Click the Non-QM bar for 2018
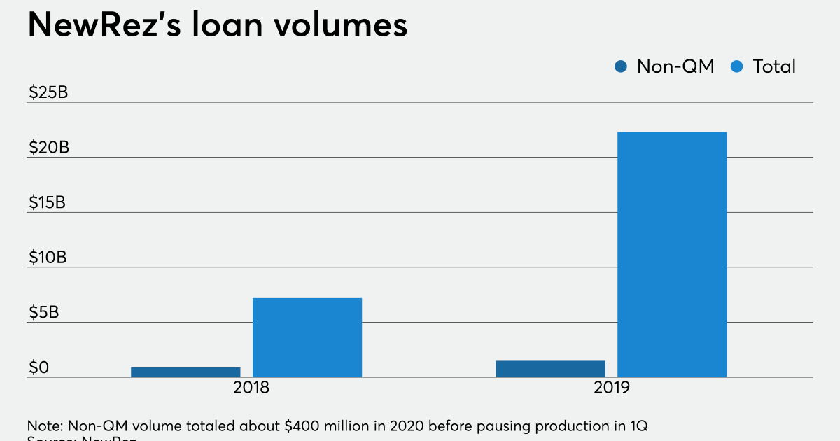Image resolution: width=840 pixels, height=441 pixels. [185, 372]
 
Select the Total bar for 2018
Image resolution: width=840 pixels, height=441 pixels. [307, 337]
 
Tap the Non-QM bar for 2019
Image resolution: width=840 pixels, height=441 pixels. [550, 368]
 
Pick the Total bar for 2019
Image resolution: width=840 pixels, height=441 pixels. [672, 254]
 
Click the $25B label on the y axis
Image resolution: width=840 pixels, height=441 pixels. [48, 93]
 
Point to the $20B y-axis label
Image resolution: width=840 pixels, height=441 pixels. [48, 148]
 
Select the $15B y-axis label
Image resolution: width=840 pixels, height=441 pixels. [48, 202]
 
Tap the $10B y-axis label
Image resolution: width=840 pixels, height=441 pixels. [48, 258]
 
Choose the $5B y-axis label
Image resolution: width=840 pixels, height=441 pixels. [43, 312]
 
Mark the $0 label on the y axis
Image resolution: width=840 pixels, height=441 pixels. [38, 367]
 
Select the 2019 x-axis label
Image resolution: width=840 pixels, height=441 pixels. [611, 388]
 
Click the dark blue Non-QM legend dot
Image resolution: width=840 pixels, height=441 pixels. [620, 66]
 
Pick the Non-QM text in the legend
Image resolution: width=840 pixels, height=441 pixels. [675, 66]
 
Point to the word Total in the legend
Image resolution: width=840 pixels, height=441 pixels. [774, 66]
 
